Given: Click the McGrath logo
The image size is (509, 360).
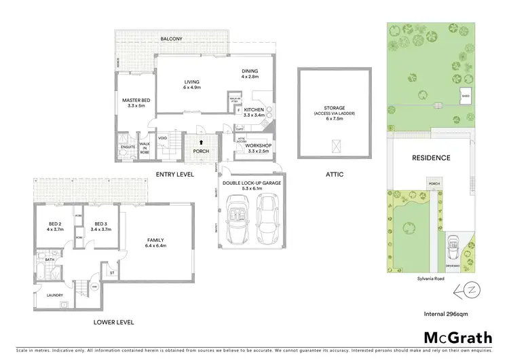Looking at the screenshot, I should [452, 337].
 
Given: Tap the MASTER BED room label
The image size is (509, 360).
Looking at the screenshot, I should [136, 103].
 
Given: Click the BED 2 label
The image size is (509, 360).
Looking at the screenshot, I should [54, 227].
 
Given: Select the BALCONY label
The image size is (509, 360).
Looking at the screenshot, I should [171, 39].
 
